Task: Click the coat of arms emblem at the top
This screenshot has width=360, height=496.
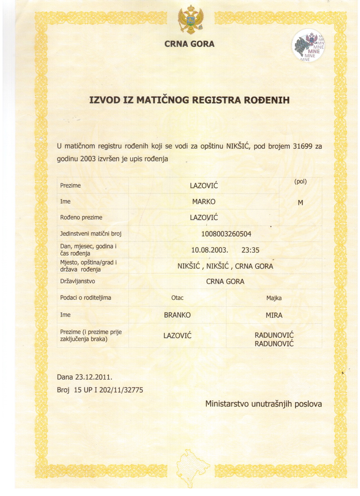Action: coord(190,20)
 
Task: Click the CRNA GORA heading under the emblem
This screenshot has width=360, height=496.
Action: coord(189,44)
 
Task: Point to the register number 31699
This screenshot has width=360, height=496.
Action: coord(302,146)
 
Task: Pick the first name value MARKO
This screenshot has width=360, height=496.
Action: coord(204,202)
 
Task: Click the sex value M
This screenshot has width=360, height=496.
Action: coord(300,203)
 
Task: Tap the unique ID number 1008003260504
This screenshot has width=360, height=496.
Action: coord(226,234)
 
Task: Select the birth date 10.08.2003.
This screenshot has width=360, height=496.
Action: coord(210,250)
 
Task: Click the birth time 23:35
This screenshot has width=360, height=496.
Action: coord(250,250)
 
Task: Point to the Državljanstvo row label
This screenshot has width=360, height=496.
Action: coord(78,281)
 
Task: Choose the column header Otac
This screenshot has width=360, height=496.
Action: coord(177,298)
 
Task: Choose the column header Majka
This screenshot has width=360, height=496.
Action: coord(274,298)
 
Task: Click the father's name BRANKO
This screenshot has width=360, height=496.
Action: coord(177,315)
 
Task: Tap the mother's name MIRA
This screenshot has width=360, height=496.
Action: coord(274,315)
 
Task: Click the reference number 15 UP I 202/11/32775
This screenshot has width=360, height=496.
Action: coord(108,390)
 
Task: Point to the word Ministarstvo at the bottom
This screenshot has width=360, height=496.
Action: coord(227,404)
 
